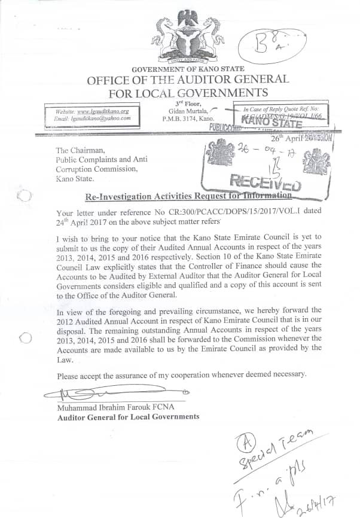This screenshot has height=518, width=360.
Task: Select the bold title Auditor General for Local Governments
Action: [128, 417]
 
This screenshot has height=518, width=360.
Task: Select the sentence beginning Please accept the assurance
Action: [181, 375]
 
